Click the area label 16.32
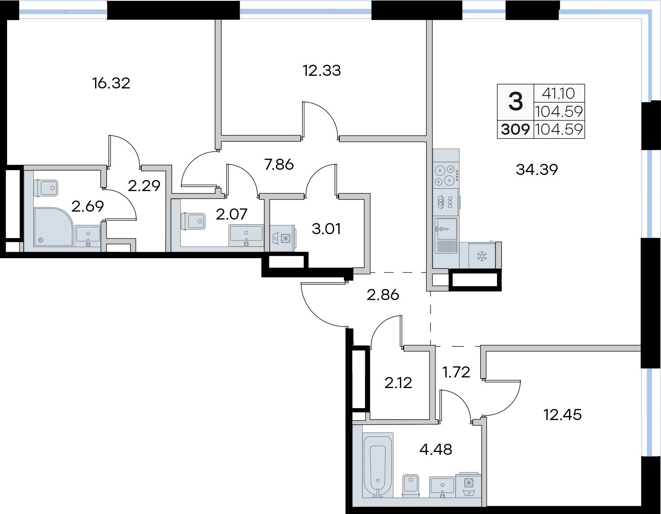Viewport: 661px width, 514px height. (111, 83)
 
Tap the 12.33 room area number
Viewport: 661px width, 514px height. (321, 71)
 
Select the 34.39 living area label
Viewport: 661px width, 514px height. (537, 170)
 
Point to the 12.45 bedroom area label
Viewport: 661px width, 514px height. (562, 415)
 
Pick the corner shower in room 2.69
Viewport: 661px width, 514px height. (53, 227)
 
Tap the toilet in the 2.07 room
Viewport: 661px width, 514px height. (193, 221)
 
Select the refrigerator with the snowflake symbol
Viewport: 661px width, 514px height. (482, 256)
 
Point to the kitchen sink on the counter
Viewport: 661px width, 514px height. (446, 235)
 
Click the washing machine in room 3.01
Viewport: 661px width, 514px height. (283, 237)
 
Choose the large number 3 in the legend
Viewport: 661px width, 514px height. (515, 101)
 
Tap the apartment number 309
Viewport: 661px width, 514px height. (515, 129)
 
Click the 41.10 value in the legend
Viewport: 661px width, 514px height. (558, 94)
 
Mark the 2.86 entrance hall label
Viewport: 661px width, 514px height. (383, 295)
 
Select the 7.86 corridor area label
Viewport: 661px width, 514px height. (279, 165)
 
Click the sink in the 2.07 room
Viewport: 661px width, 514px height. (246, 234)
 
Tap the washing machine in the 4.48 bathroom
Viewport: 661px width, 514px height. (468, 485)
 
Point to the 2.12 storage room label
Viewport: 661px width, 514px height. (398, 383)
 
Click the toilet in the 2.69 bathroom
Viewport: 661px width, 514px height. (47, 188)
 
